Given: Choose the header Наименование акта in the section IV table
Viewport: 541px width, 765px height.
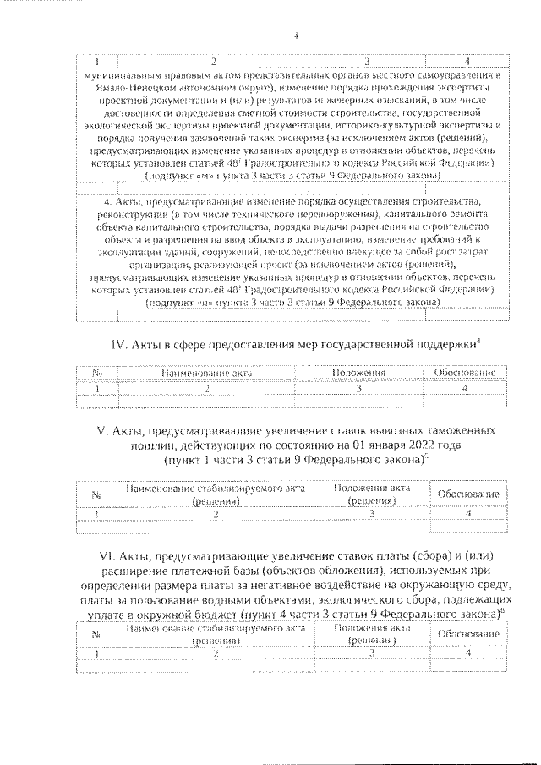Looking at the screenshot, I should pyautogui.click(x=206, y=373).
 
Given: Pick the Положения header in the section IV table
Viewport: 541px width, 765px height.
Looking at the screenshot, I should pyautogui.click(x=359, y=373).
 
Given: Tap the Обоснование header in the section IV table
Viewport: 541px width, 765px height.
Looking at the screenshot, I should pyautogui.click(x=467, y=373).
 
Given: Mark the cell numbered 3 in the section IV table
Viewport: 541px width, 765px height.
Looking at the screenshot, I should pyautogui.click(x=359, y=388).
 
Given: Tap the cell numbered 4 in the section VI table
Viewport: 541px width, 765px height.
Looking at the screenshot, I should pyautogui.click(x=467, y=654).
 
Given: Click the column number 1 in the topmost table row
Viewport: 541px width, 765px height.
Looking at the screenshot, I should pyautogui.click(x=97, y=62).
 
